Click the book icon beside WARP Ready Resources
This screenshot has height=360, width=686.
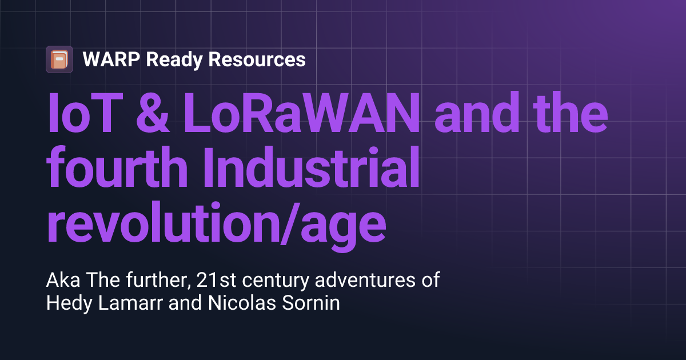[x=59, y=59]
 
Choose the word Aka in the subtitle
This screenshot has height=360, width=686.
[x=60, y=281]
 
